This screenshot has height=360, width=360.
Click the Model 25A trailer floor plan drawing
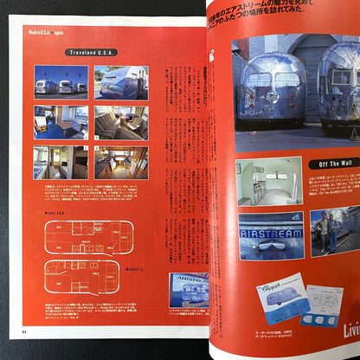(89, 235)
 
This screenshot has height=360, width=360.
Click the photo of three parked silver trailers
(61, 82)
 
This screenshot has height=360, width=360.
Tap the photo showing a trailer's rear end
(120, 82)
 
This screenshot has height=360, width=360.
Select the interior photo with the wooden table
(61, 122)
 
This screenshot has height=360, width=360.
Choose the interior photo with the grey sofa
(120, 122)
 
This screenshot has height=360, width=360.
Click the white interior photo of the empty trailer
(268, 179)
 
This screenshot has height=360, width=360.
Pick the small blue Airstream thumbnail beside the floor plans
(188, 291)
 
